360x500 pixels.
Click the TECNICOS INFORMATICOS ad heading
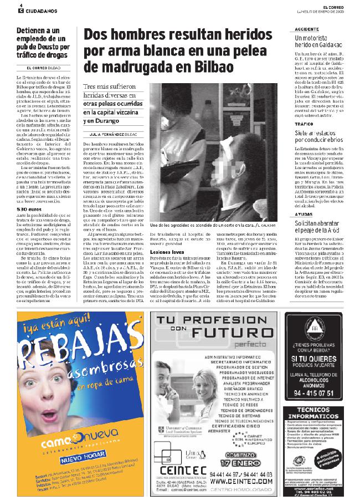click(315, 420)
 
